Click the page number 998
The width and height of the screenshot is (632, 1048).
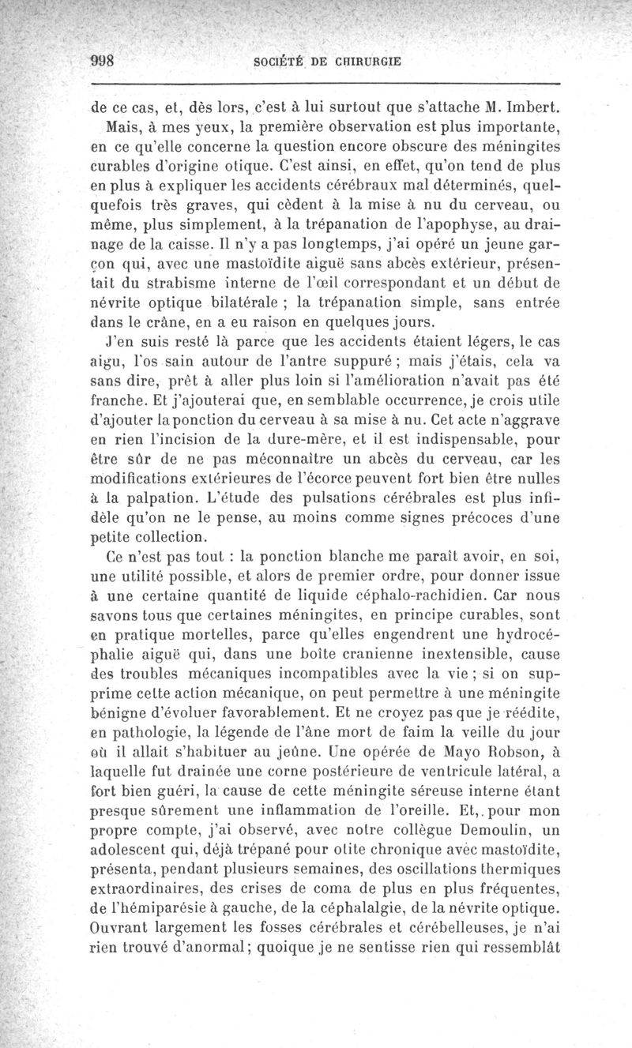103,61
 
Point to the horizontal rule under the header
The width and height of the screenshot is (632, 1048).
325,83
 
